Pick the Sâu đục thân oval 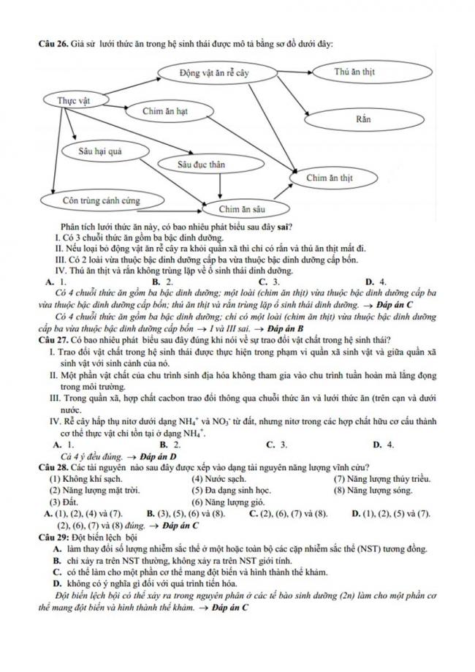(201, 165)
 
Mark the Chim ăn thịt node (330, 178)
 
